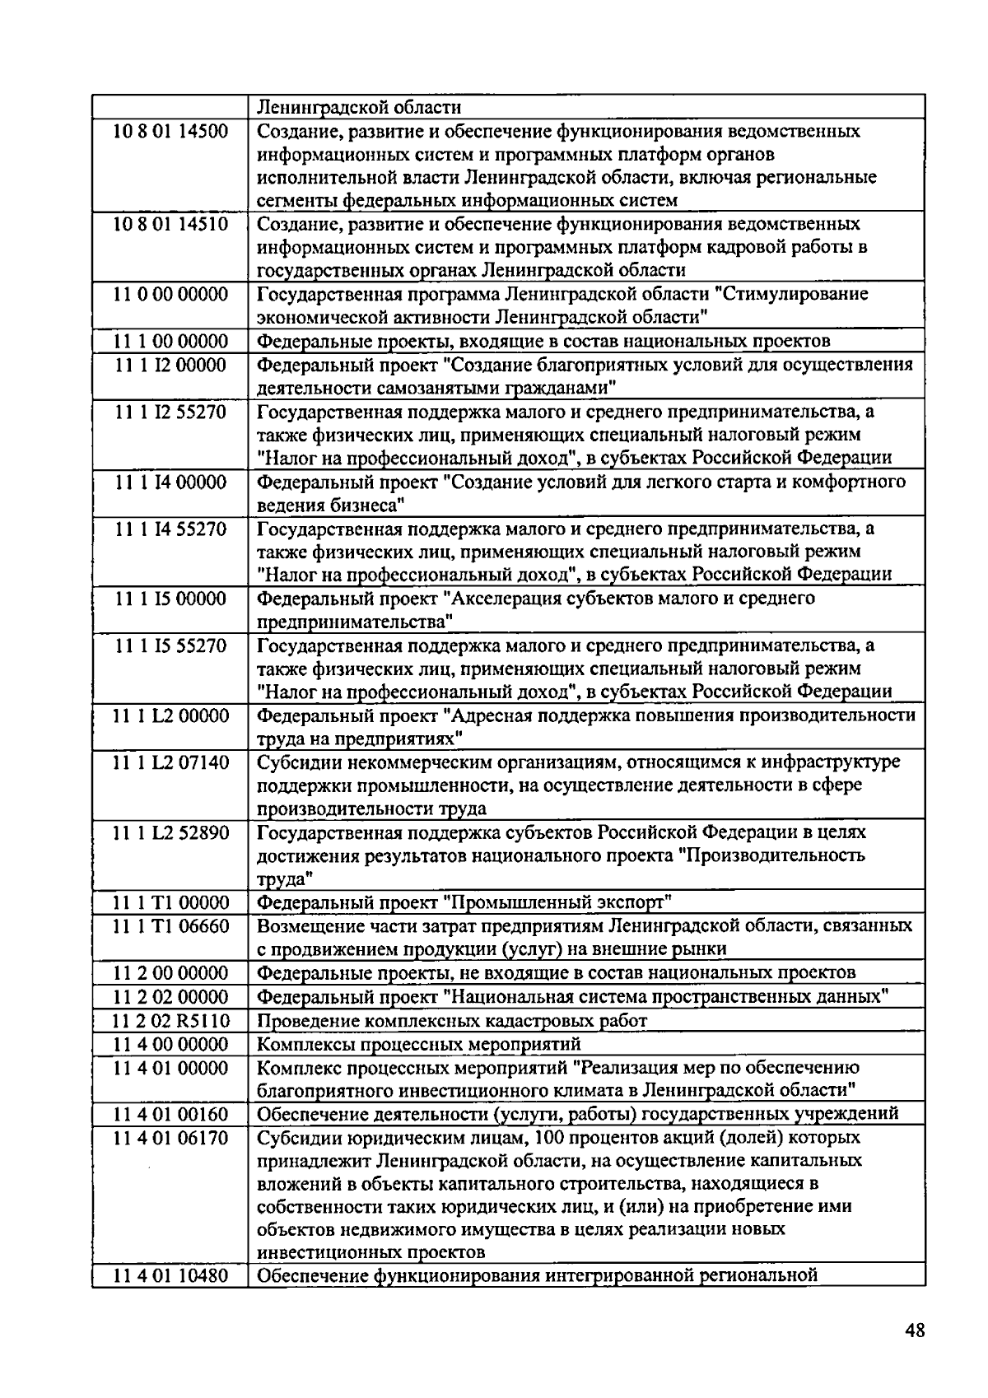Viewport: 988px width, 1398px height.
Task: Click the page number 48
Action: coord(913,1331)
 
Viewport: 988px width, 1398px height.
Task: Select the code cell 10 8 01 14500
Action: coord(170,131)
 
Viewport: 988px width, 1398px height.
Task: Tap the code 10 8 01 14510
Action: coord(170,224)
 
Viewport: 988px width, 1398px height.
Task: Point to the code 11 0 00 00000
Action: coord(170,294)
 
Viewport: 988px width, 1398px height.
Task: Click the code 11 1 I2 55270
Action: coord(170,412)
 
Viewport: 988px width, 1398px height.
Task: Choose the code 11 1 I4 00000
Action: coord(170,482)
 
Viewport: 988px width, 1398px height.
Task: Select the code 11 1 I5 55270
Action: coord(170,645)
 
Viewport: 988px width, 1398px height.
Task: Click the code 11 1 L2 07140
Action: coord(170,762)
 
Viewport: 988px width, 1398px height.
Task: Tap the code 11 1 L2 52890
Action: coord(170,832)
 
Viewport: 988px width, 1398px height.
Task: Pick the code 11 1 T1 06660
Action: coord(170,926)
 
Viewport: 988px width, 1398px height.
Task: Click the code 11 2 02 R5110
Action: coord(170,1021)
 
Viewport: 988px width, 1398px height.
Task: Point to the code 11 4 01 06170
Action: coord(170,1138)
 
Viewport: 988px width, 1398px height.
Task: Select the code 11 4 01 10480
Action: coord(170,1277)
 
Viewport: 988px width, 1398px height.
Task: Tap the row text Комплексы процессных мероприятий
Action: coord(419,1045)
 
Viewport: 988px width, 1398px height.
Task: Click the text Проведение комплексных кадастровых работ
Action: coord(452,1021)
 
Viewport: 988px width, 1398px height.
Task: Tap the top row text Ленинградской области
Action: coord(359,107)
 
